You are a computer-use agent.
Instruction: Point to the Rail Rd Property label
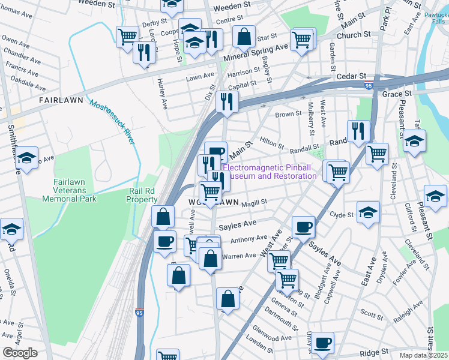pos(142,195)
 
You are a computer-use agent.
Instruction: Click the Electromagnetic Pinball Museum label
pos(270,172)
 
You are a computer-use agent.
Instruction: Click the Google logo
pos(20,353)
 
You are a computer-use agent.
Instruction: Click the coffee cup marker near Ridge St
pos(322,342)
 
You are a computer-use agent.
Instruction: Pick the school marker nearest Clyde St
pos(368,212)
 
